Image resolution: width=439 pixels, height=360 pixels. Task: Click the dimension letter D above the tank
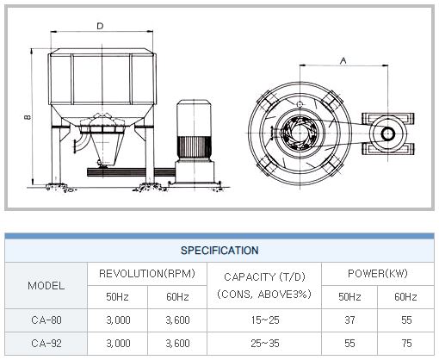100,26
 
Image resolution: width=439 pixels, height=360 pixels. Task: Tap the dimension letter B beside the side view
28,117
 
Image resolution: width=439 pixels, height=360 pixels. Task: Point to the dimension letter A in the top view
343,61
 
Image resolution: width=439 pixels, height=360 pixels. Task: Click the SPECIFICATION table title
219,251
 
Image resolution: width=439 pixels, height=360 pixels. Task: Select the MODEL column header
46,286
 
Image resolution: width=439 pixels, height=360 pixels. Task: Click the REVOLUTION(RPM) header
147,273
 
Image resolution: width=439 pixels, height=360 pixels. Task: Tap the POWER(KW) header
378,273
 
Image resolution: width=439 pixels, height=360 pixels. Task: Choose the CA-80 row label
46,320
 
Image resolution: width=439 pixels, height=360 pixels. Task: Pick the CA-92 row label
46,343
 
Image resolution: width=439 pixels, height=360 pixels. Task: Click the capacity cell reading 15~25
265,320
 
